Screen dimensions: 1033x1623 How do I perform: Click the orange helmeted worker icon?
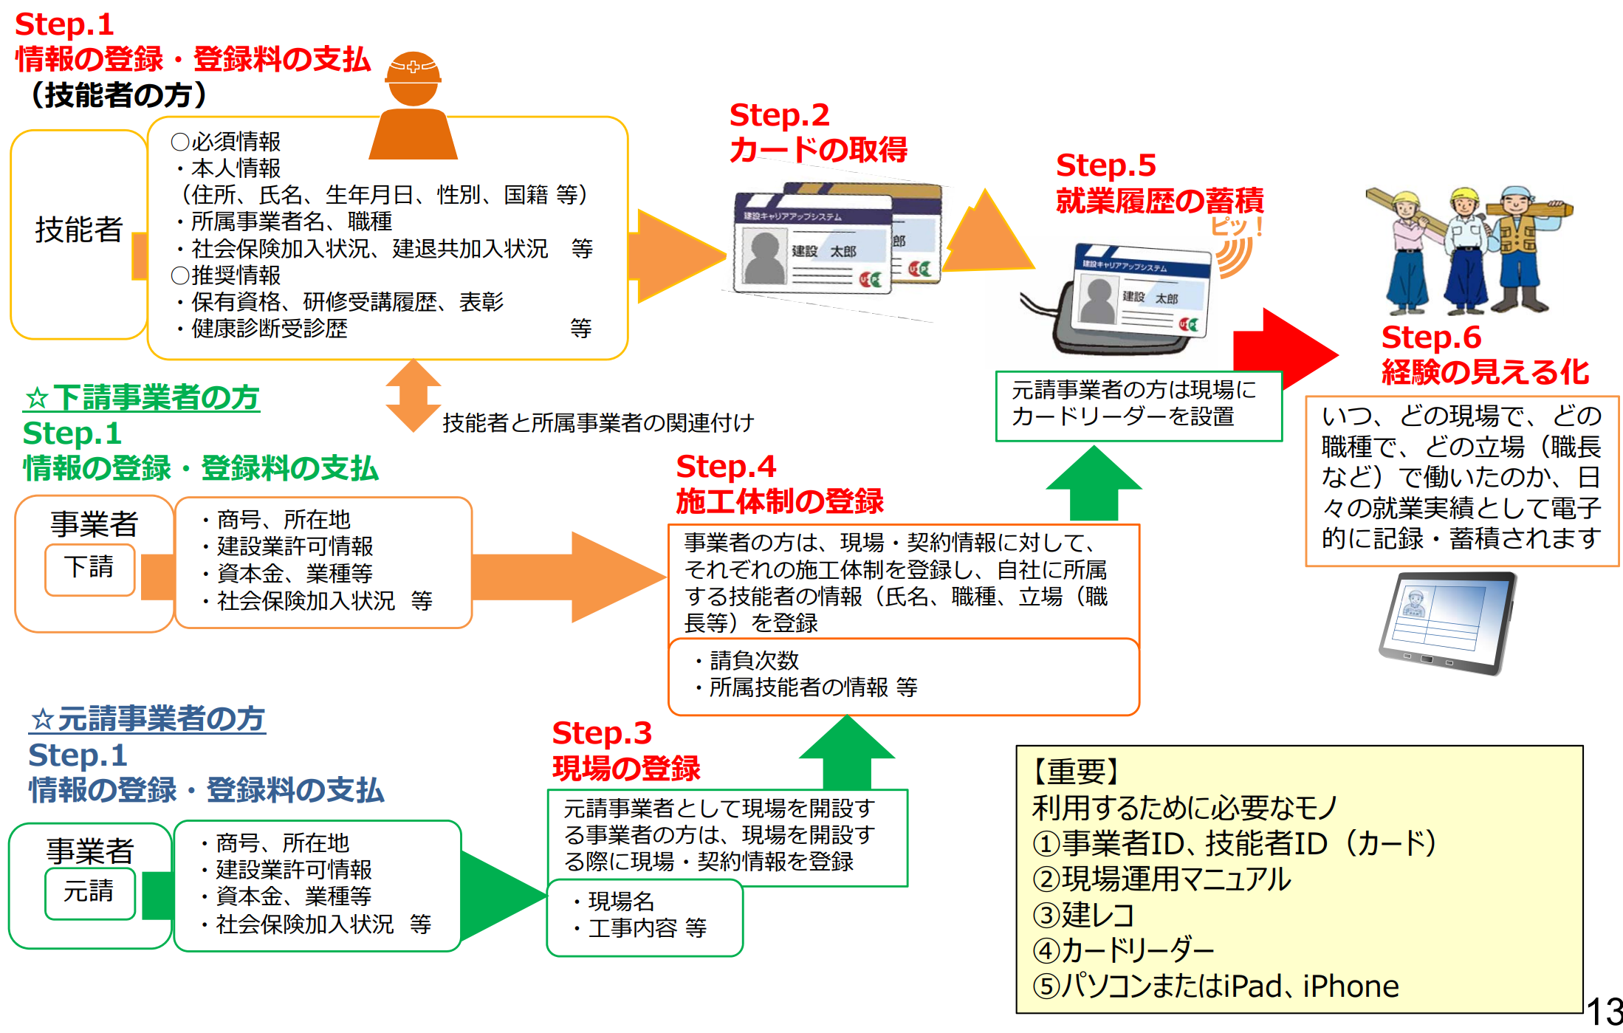[413, 107]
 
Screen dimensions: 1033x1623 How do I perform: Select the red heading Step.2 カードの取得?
[817, 132]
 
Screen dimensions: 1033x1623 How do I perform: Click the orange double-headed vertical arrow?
[413, 395]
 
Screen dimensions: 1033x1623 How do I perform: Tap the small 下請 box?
[89, 568]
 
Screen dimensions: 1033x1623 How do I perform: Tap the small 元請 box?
[89, 892]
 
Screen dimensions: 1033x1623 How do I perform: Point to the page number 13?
[1604, 1012]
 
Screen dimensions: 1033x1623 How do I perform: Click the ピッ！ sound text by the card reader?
[1236, 226]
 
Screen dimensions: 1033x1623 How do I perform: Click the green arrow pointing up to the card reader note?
[1094, 484]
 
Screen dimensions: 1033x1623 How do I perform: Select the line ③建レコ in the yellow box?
[1084, 915]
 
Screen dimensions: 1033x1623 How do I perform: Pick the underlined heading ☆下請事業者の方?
[142, 398]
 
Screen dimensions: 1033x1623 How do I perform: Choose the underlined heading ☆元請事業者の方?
[148, 719]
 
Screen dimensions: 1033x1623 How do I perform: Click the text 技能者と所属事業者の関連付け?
[598, 423]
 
